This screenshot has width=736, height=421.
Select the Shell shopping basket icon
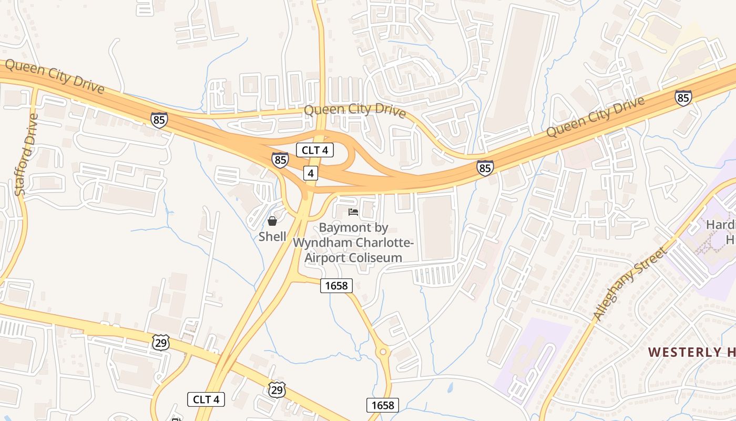click(272, 221)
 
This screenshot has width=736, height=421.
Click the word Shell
click(272, 237)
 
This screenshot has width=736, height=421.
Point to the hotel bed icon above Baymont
click(353, 212)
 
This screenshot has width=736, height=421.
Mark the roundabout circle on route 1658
click(383, 352)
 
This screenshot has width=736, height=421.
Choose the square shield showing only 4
click(311, 173)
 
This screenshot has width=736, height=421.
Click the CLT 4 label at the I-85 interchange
click(315, 150)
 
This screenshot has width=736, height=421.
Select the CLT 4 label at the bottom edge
click(206, 399)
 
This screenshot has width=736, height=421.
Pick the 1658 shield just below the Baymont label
click(336, 285)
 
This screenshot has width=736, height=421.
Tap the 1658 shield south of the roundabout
click(382, 405)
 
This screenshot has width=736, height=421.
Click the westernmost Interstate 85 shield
click(159, 120)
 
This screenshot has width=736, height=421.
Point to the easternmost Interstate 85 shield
click(683, 97)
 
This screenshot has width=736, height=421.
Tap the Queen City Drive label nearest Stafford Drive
click(55, 76)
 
